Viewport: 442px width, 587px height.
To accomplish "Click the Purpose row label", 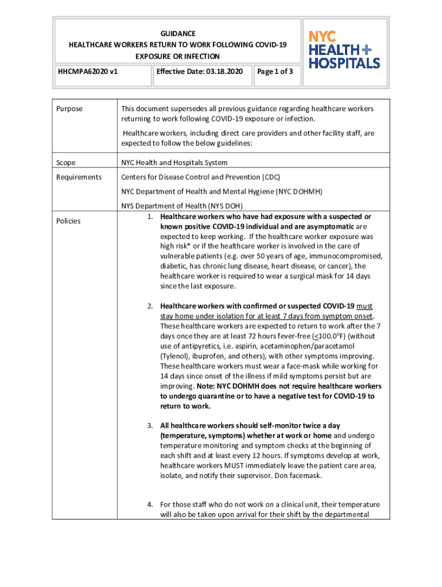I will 69,109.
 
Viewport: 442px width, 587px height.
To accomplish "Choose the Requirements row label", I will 79,177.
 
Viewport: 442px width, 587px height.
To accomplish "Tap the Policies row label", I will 68,221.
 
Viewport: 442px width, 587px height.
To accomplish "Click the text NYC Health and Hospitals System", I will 174,163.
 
